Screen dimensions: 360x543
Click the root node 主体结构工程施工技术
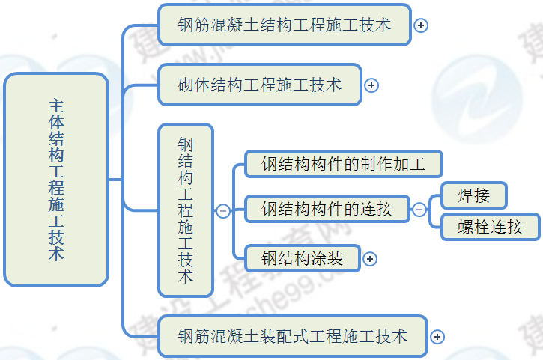coord(56,180)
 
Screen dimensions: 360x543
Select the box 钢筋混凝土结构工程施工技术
coord(285,25)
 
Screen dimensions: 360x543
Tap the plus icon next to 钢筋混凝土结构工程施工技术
coord(421,25)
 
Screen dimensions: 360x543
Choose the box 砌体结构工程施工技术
coord(259,85)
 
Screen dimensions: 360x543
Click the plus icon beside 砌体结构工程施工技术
coord(371,85)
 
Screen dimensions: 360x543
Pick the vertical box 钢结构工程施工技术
coord(186,210)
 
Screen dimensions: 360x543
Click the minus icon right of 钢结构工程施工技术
coord(223,211)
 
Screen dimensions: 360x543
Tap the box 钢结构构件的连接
coord(327,210)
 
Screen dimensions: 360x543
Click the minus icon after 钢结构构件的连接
coord(419,210)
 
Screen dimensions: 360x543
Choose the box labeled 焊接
coord(474,196)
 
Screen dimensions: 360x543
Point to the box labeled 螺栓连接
coord(491,227)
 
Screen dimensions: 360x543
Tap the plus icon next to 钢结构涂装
coord(370,259)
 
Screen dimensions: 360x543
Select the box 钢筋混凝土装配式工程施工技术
coord(293,336)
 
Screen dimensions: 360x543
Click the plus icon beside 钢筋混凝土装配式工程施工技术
coord(437,337)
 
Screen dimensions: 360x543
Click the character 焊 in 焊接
coord(467,196)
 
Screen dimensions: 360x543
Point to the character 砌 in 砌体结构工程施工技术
coord(186,85)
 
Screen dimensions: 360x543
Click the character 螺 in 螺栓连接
coord(467,227)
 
